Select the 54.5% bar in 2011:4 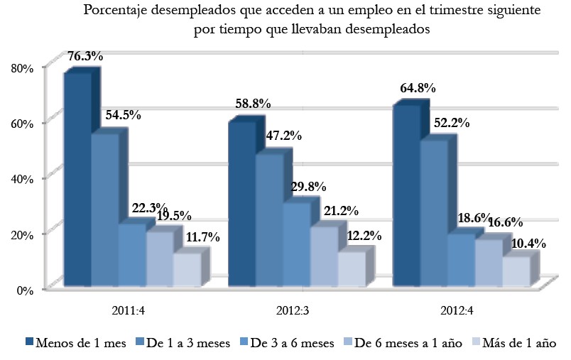(x=104, y=209)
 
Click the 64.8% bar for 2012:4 (x=406, y=195)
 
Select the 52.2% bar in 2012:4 (x=433, y=213)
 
